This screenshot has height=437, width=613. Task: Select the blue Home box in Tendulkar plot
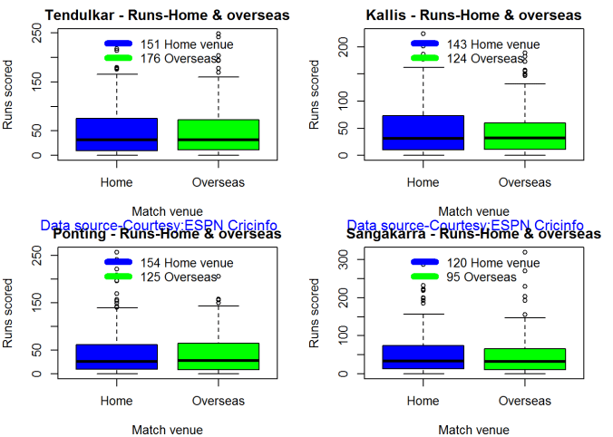click(117, 134)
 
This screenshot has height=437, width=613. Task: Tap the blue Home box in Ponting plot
click(117, 356)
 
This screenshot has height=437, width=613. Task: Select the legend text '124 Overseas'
click(486, 58)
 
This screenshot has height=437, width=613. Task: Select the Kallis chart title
click(474, 15)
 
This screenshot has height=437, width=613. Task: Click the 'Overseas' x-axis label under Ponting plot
click(219, 400)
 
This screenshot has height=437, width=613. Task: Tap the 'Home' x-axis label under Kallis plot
click(423, 182)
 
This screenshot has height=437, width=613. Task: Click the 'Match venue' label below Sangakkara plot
click(473, 430)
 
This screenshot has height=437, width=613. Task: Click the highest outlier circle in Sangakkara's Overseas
click(524, 252)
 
